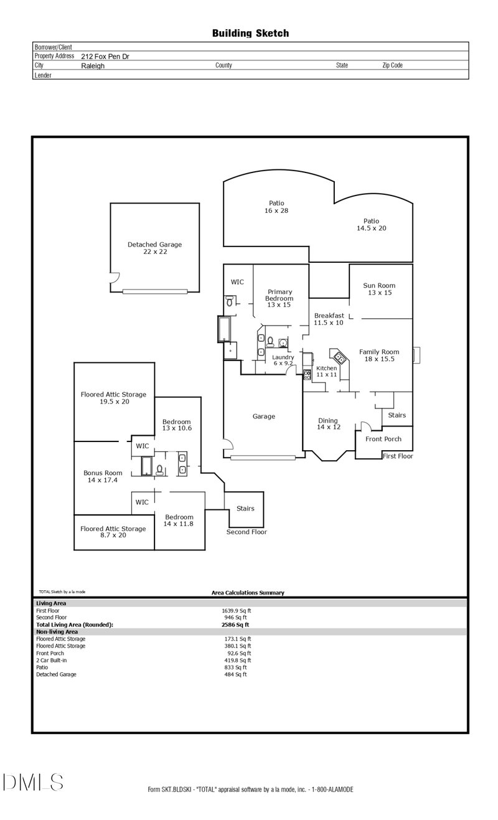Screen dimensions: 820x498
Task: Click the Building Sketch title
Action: pyautogui.click(x=250, y=33)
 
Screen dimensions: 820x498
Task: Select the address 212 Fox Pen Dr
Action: pyautogui.click(x=105, y=56)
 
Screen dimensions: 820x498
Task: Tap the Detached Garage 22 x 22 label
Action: pyautogui.click(x=154, y=248)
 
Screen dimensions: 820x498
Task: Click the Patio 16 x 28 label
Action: pyautogui.click(x=276, y=207)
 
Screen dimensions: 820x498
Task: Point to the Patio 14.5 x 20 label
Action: pyautogui.click(x=371, y=225)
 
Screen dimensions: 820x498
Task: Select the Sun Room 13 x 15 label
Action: pyautogui.click(x=379, y=289)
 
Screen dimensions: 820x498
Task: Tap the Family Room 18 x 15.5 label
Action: pyautogui.click(x=379, y=356)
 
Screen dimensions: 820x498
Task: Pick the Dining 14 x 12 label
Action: pyautogui.click(x=328, y=424)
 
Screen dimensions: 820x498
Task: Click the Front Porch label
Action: pyautogui.click(x=383, y=439)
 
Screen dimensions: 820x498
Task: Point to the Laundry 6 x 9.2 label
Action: pyautogui.click(x=283, y=360)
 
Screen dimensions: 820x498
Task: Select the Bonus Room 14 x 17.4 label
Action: pyautogui.click(x=103, y=477)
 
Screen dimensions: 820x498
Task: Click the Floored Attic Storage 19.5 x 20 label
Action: pyautogui.click(x=113, y=398)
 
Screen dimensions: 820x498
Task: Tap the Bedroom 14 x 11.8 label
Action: pyautogui.click(x=179, y=521)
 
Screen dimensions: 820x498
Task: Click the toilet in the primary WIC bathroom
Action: pyautogui.click(x=230, y=302)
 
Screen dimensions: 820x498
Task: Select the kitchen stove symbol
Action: pyautogui.click(x=307, y=374)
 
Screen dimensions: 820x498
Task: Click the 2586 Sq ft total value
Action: pyautogui.click(x=235, y=624)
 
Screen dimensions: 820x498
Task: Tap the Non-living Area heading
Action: pyautogui.click(x=57, y=631)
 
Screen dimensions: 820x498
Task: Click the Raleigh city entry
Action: pyautogui.click(x=93, y=65)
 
